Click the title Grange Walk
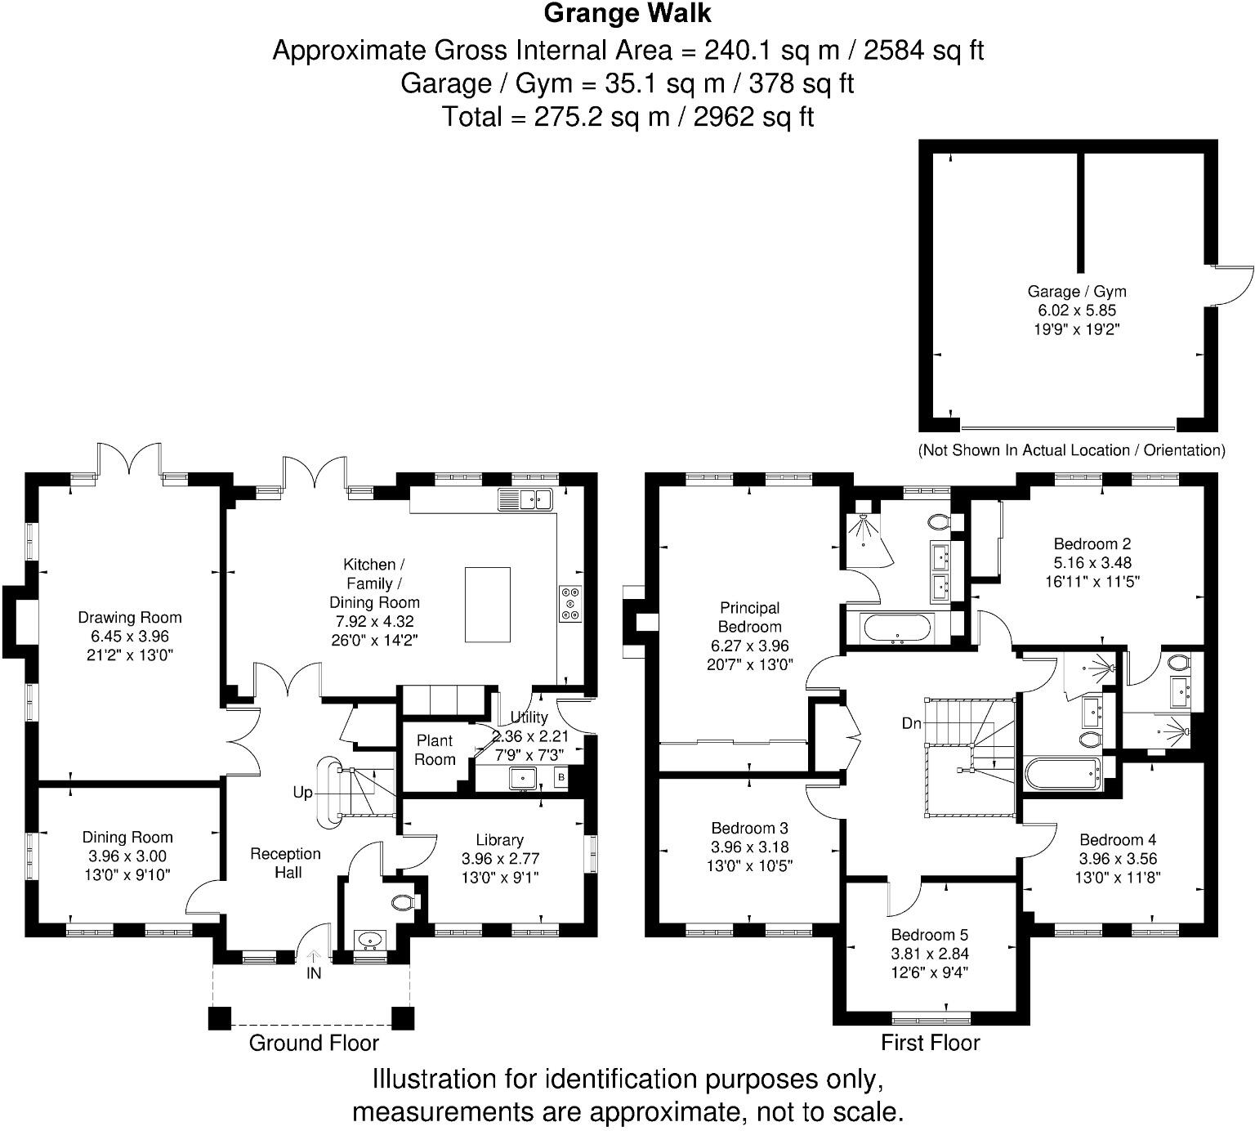tap(627, 14)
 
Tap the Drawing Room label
tap(129, 618)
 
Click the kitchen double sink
tap(525, 499)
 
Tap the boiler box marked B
tap(561, 777)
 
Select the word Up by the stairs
tap(302, 793)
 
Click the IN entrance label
tap(314, 973)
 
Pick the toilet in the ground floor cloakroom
tap(404, 902)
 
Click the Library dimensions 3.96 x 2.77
tap(500, 859)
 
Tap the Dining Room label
tap(127, 837)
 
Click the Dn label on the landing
tap(912, 723)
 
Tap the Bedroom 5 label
tap(930, 935)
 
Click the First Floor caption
tap(930, 1043)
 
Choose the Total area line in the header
tap(627, 117)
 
